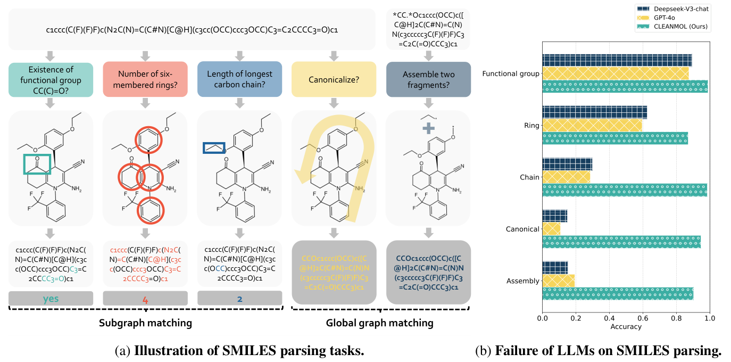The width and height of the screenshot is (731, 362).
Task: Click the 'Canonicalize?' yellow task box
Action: click(x=334, y=79)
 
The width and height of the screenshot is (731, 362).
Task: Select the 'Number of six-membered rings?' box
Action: click(x=145, y=79)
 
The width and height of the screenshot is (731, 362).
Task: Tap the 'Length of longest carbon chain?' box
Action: click(x=239, y=79)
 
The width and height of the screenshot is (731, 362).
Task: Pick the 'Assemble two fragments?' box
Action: click(x=428, y=79)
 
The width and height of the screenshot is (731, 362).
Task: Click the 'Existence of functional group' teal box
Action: click(x=51, y=79)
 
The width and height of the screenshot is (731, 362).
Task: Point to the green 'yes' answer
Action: click(x=51, y=299)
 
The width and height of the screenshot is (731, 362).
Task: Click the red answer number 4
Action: click(x=145, y=299)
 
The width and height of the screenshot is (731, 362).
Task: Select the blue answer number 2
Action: click(x=239, y=299)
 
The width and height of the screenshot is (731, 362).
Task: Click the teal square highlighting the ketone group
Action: click(x=37, y=163)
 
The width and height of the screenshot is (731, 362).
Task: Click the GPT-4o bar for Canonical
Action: click(x=551, y=229)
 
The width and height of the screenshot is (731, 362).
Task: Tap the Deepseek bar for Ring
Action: click(x=594, y=112)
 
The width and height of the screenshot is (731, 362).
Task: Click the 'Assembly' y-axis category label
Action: click(x=523, y=281)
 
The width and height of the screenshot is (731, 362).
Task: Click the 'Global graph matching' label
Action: click(x=379, y=323)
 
